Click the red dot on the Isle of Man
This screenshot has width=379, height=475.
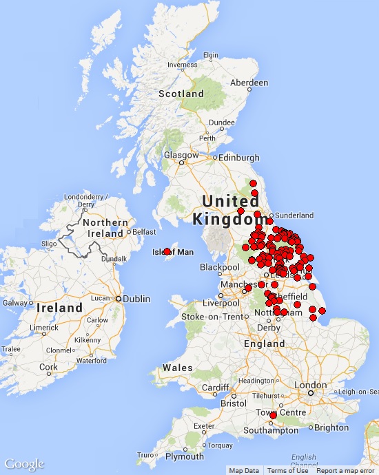[x=167, y=251]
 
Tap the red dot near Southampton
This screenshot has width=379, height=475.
[x=273, y=415]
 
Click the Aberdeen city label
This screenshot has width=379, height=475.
[x=249, y=83]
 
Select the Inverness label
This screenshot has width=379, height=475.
[x=182, y=65]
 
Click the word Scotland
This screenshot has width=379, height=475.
[x=181, y=94]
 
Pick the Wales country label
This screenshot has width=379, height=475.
[x=178, y=368]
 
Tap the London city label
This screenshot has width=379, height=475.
[x=310, y=386]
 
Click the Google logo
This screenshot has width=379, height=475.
[x=24, y=464]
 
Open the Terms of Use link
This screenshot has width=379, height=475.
[x=288, y=471]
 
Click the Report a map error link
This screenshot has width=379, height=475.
[x=345, y=471]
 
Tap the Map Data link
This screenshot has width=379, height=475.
[x=245, y=471]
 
